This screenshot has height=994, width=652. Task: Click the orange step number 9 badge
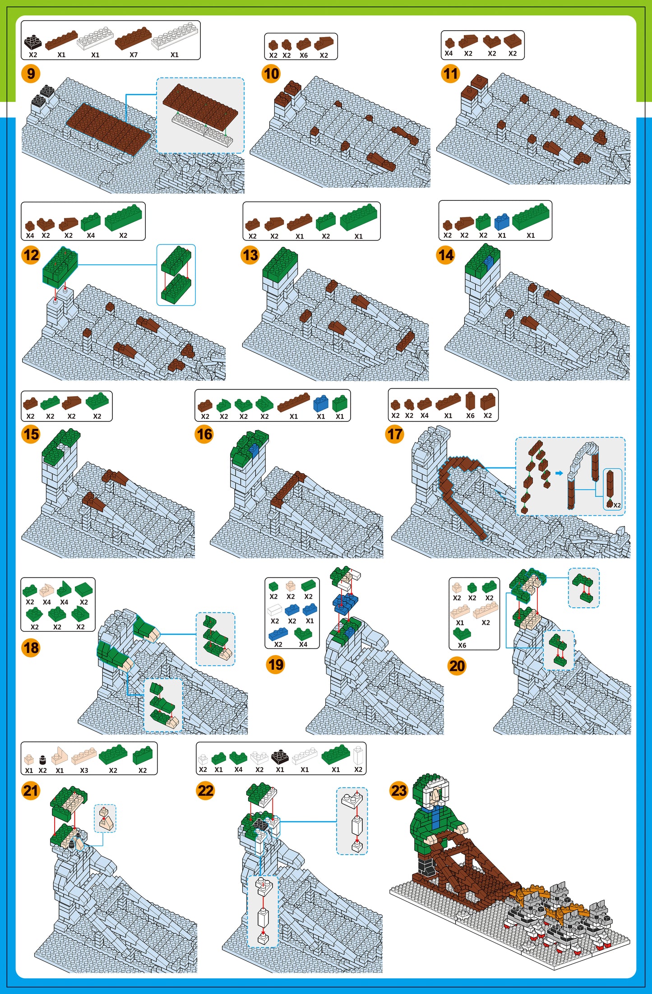point(31,74)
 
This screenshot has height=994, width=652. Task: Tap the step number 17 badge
point(395,435)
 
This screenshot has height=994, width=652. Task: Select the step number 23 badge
point(399,791)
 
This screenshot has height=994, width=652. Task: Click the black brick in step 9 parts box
point(33,42)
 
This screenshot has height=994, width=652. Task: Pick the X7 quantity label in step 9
point(134,55)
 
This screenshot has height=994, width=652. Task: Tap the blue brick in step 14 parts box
point(502,221)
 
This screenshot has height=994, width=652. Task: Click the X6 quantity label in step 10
point(304,55)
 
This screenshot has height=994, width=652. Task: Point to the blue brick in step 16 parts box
point(320,403)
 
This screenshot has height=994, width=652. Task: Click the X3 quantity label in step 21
point(84,770)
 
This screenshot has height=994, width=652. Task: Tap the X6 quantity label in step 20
point(462,645)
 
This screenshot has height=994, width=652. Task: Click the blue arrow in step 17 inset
point(559,473)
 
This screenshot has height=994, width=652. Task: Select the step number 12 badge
point(31,255)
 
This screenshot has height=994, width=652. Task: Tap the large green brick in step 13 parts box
point(359,217)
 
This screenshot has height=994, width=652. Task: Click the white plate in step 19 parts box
point(275,611)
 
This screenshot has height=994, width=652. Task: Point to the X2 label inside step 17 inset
point(617,505)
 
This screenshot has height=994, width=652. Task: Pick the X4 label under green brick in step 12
point(91,235)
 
